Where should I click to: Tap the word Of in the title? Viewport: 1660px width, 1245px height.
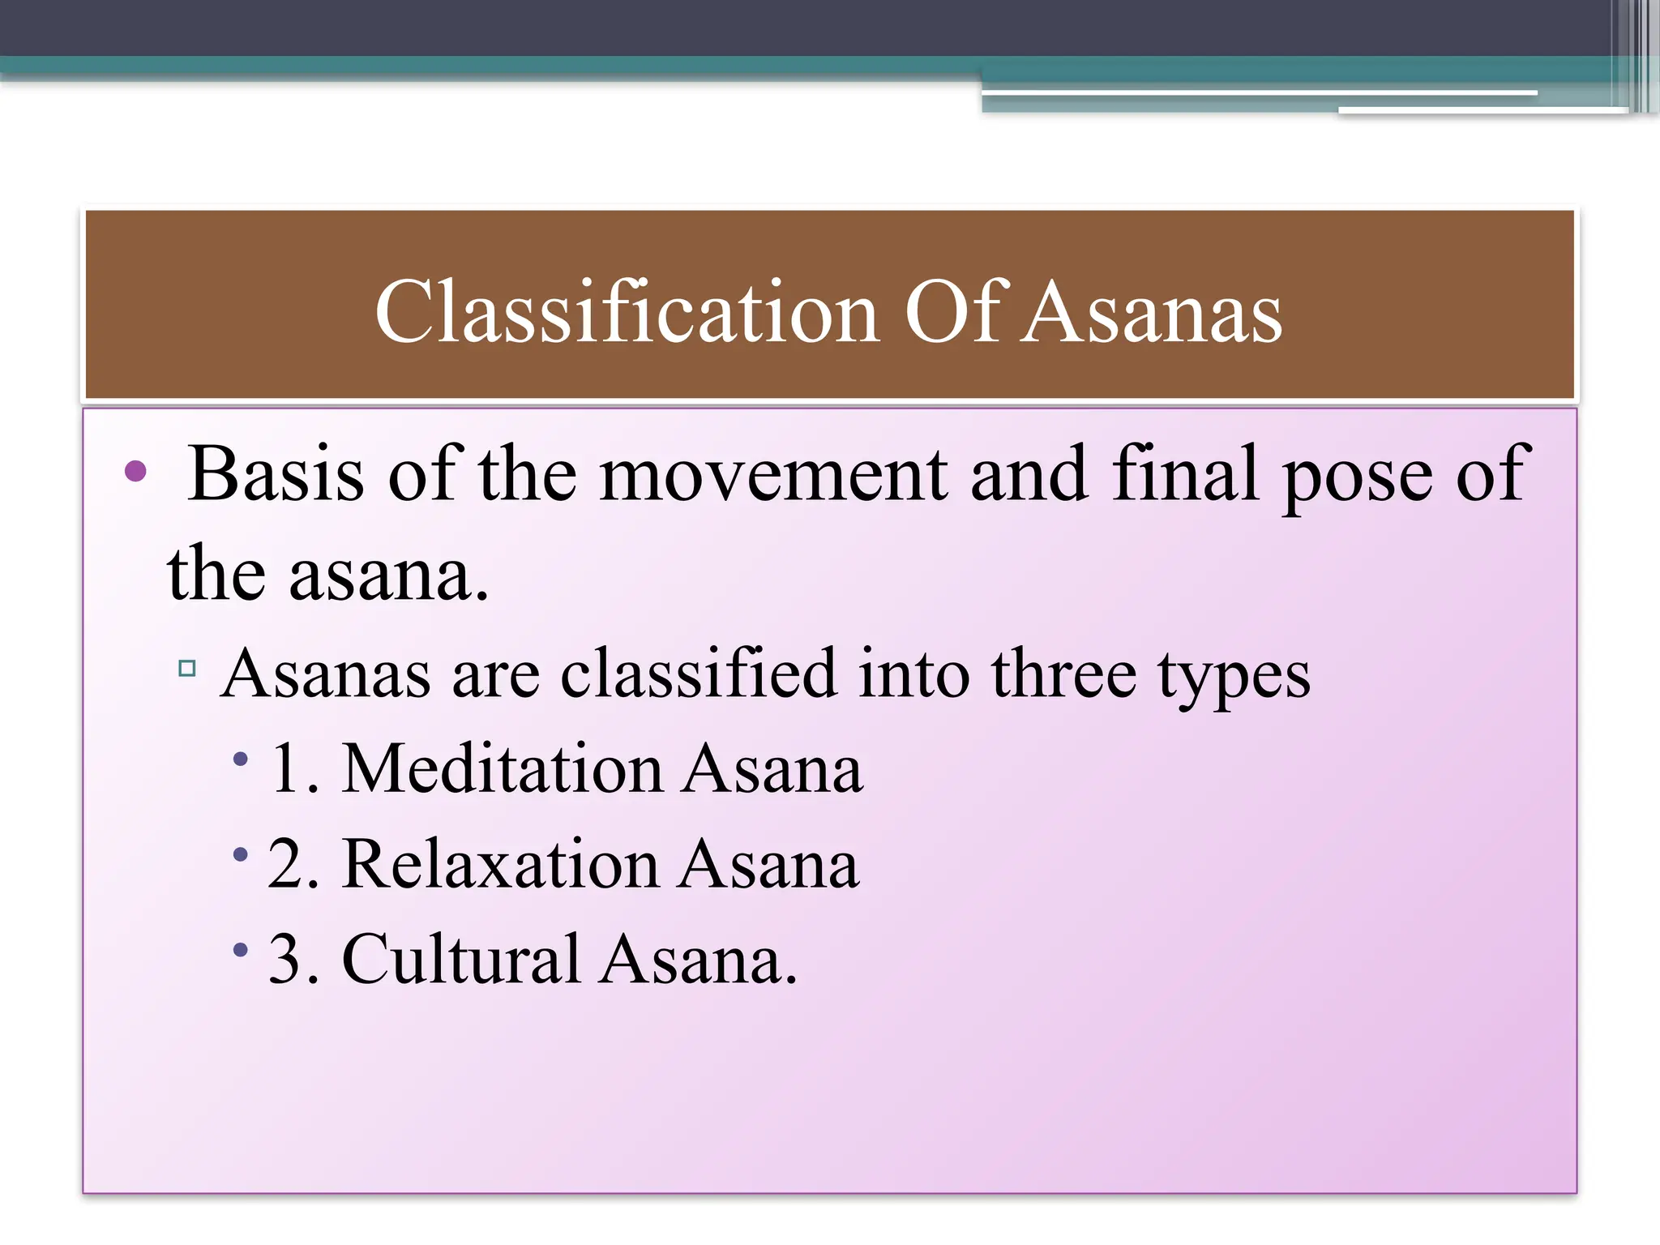click(956, 313)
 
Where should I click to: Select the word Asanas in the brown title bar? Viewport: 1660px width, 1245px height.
click(1151, 313)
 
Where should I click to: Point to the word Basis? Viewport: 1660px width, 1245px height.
click(276, 474)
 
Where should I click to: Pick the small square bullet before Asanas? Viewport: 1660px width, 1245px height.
click(187, 668)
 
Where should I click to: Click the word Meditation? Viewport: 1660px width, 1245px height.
click(502, 768)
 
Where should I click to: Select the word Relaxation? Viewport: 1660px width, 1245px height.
click(500, 864)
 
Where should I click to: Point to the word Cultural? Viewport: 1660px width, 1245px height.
click(460, 960)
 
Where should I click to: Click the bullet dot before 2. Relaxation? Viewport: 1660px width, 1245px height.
click(240, 854)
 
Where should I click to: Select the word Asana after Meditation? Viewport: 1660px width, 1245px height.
click(772, 768)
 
